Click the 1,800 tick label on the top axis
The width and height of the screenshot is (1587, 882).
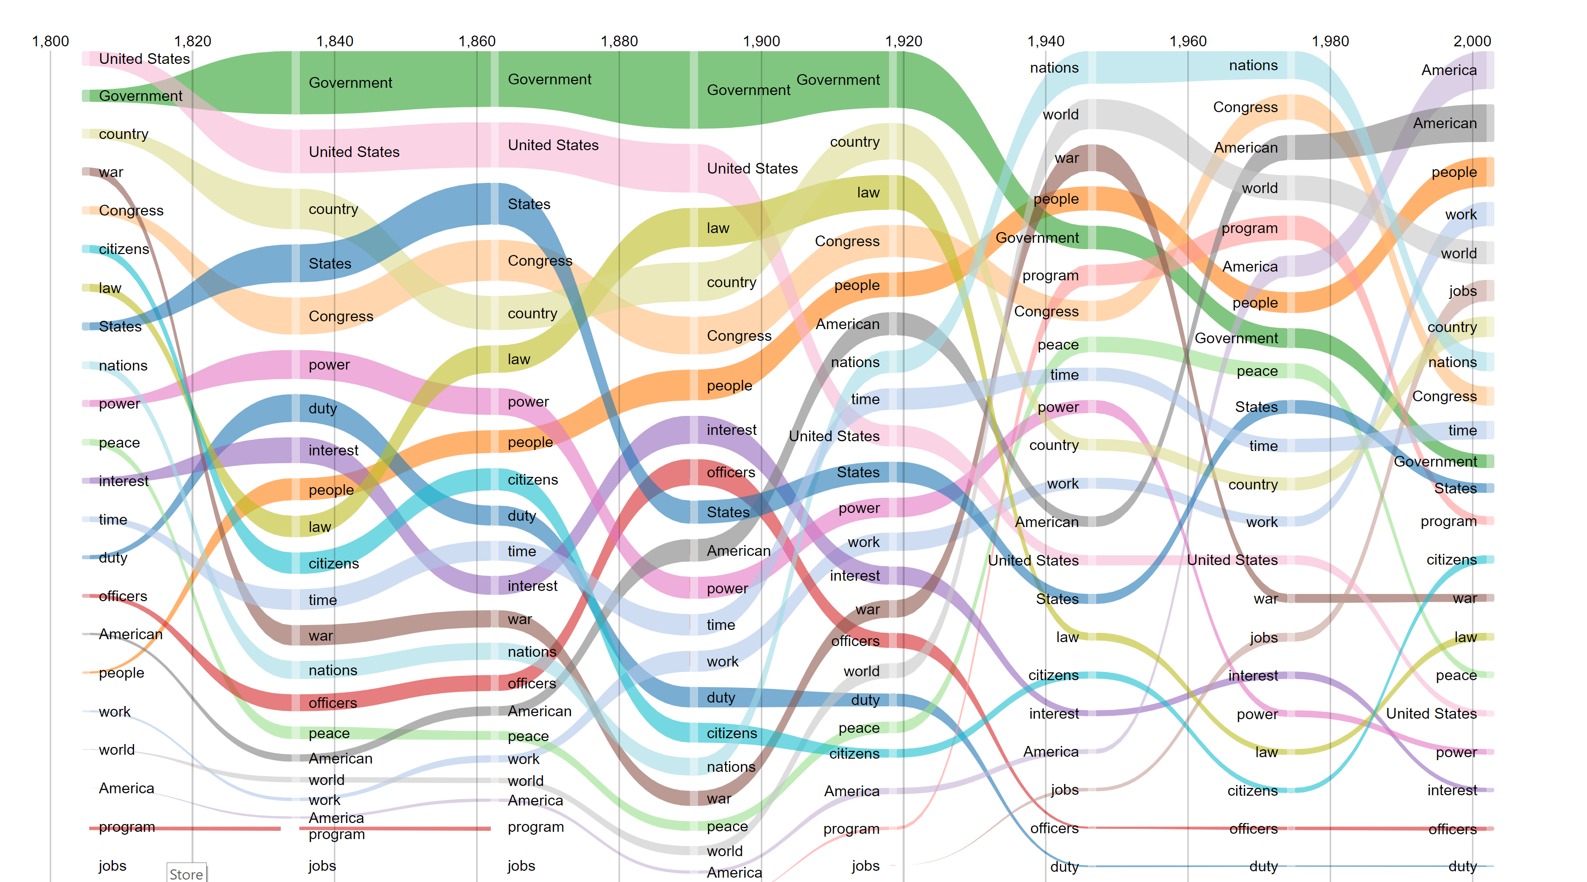point(51,41)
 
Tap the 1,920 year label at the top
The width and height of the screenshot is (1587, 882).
point(903,41)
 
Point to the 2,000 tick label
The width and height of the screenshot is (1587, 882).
point(1472,41)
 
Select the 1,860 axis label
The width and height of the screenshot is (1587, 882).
point(477,41)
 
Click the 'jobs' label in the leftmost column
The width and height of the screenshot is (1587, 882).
point(112,865)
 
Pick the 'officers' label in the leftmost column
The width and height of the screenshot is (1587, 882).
point(123,596)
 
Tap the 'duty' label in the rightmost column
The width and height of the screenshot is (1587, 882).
point(1463,866)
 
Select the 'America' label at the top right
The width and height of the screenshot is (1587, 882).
point(1449,70)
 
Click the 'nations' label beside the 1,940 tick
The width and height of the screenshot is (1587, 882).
point(1054,68)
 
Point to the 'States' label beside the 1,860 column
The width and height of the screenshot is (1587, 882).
point(528,204)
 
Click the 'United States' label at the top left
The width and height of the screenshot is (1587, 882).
point(144,59)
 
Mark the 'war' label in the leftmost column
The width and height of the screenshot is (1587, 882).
point(111,172)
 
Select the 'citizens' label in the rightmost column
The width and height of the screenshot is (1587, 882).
point(1451,560)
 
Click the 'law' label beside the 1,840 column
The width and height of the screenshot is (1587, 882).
point(320,527)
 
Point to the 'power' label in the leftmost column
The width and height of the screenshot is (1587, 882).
point(119,404)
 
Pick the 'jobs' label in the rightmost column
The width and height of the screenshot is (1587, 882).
point(1463,291)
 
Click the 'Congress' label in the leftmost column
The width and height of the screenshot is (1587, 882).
point(131,210)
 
